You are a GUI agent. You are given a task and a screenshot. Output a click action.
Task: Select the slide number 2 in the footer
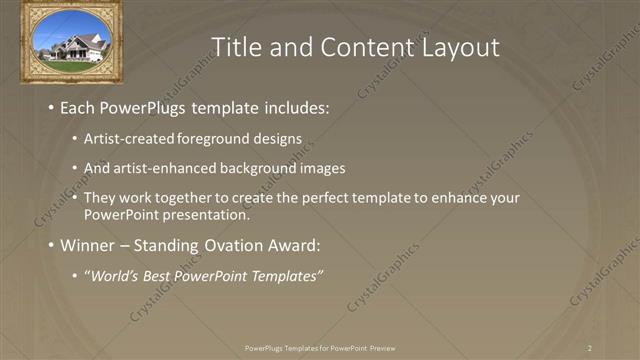coord(590,348)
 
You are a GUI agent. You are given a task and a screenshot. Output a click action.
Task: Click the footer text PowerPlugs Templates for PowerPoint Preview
coord(320,348)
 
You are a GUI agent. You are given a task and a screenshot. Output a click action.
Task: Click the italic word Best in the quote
coord(155,276)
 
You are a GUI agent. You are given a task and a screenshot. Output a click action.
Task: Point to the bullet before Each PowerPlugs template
coord(50,107)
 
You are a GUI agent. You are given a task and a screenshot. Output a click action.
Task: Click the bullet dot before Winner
coord(50,245)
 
